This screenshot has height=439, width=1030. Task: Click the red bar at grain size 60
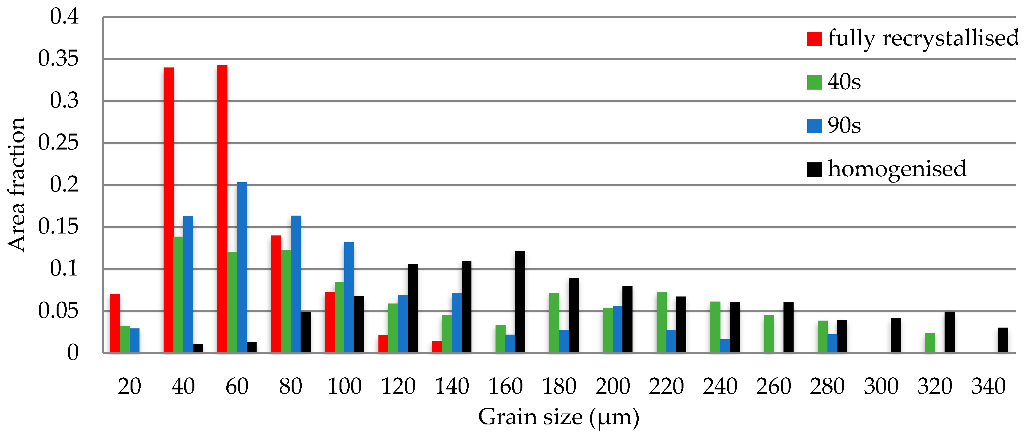pyautogui.click(x=222, y=208)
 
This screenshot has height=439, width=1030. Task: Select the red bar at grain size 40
pyautogui.click(x=168, y=210)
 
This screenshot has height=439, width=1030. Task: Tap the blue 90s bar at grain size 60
pyautogui.click(x=242, y=267)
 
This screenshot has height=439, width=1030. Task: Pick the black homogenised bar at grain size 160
pyautogui.click(x=520, y=302)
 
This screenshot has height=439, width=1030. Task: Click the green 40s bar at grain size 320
pyautogui.click(x=930, y=343)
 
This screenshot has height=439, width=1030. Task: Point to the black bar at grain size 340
pyautogui.click(x=1003, y=340)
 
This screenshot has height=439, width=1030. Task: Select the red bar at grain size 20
pyautogui.click(x=115, y=323)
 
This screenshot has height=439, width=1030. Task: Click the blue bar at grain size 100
pyautogui.click(x=349, y=297)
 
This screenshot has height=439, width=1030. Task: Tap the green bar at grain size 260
pyautogui.click(x=769, y=333)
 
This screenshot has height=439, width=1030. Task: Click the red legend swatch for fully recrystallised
pyautogui.click(x=814, y=39)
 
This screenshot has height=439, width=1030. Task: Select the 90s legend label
pyautogui.click(x=844, y=125)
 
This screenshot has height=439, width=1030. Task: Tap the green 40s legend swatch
pyautogui.click(x=814, y=82)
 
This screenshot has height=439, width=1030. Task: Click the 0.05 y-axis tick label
pyautogui.click(x=58, y=311)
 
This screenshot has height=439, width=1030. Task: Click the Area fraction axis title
pyautogui.click(x=17, y=185)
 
